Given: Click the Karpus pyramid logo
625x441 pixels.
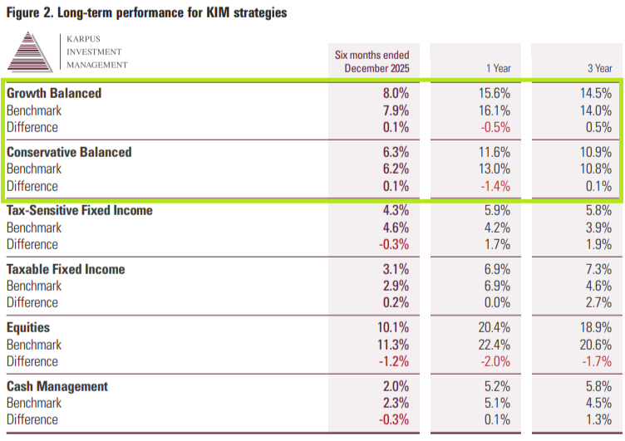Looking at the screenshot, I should point(30,51).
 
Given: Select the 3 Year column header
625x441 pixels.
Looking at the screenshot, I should point(599,68).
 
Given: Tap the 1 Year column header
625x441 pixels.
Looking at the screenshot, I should point(498,68).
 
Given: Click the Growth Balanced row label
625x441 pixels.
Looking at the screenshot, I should point(54,93).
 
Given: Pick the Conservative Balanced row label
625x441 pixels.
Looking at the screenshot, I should point(69,152).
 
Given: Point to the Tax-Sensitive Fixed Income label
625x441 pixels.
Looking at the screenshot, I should point(80,210).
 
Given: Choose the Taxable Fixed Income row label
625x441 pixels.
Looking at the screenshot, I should point(66,269).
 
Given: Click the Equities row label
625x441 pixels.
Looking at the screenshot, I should point(28,327).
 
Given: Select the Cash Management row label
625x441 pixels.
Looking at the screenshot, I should point(57,386).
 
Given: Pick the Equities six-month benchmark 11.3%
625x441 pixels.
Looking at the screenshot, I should point(394,345).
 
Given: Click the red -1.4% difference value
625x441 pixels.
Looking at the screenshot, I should point(495,186).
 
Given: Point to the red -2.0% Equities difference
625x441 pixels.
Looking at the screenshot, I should point(495,361).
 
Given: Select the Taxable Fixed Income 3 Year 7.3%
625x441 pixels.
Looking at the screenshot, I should point(598,269).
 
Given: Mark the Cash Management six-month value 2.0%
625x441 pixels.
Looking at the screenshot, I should point(396,386).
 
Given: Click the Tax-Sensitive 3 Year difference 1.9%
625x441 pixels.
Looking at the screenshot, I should point(598,244).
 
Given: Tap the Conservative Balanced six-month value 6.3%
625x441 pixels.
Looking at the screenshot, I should point(396,152).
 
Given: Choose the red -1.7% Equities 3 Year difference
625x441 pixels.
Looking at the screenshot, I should point(597,361).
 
